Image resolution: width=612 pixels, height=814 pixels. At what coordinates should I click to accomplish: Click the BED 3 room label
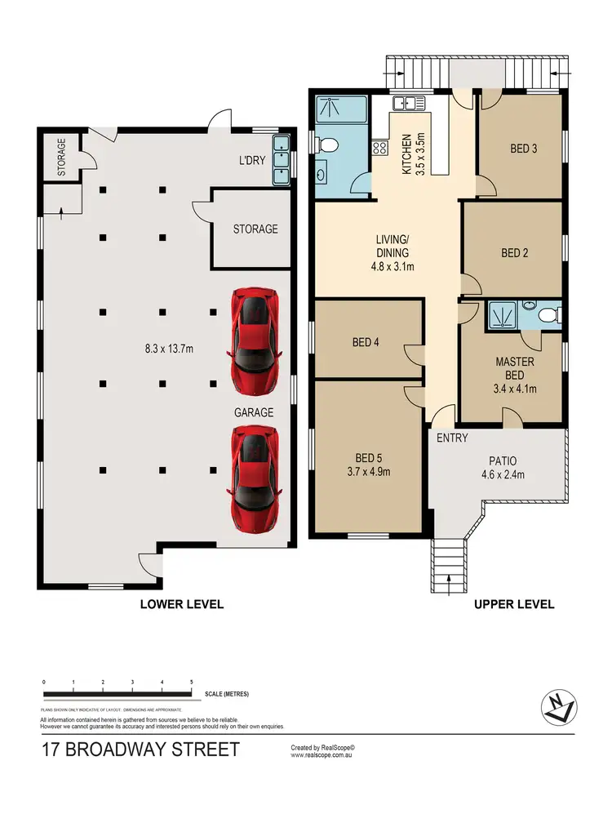coord(524,149)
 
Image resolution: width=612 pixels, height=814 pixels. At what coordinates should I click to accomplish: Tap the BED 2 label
coord(515,253)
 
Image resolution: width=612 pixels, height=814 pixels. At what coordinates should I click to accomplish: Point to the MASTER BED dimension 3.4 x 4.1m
coord(515,389)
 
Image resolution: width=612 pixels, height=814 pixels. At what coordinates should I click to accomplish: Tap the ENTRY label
coord(452,438)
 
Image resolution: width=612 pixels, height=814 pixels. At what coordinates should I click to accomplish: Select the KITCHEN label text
coord(406,156)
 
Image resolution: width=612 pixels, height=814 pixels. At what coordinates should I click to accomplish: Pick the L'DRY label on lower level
coord(251,161)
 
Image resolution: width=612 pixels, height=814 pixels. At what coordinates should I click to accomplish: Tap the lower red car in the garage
coord(255,478)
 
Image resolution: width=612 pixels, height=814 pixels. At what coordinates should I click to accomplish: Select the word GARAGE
coord(254,412)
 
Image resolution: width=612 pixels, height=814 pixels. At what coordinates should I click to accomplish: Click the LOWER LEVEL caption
coord(181,604)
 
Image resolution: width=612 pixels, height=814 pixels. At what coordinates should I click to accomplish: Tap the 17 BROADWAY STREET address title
coord(141,750)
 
